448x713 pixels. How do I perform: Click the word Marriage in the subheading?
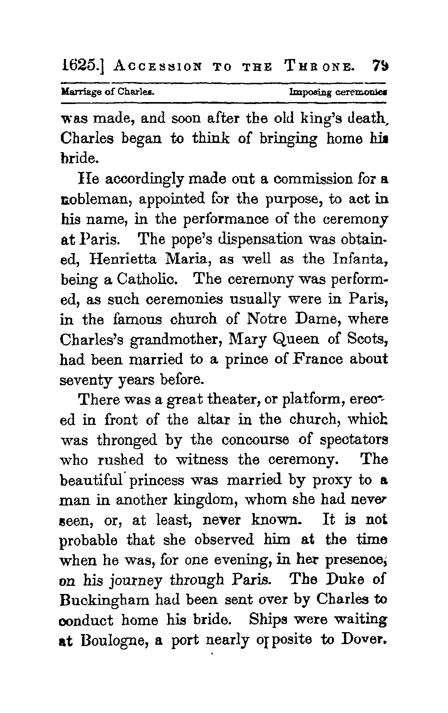coord(78,93)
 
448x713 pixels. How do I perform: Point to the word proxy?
coord(332,480)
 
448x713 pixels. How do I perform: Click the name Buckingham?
coord(104,600)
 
